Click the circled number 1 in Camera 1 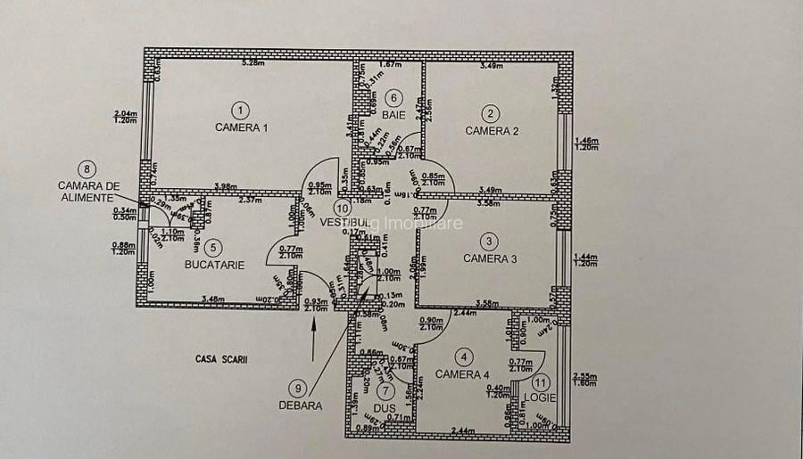[x=239, y=111]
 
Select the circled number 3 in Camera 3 [x=489, y=242]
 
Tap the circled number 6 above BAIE [x=393, y=98]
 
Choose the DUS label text [x=385, y=408]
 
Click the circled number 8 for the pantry [x=87, y=168]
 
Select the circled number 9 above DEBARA [x=297, y=388]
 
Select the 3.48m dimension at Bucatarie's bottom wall [x=212, y=299]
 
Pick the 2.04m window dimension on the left [x=125, y=113]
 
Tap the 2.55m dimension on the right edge [x=585, y=377]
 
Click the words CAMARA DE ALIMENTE [x=88, y=192]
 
